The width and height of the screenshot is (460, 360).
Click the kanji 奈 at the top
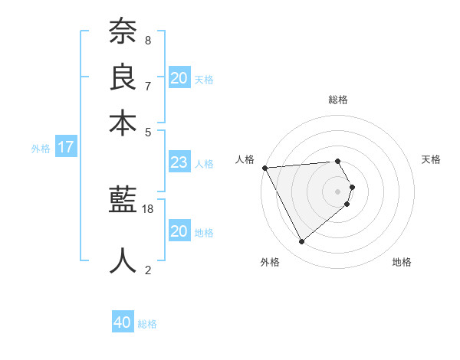click(123, 33)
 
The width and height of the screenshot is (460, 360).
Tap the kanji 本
click(123, 123)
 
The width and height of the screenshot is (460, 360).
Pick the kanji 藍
click(123, 201)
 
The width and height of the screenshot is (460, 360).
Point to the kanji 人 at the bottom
click(123, 260)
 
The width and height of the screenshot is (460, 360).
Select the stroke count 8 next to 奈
click(148, 40)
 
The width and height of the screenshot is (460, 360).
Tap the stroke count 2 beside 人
click(148, 270)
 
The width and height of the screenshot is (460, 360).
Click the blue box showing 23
click(179, 162)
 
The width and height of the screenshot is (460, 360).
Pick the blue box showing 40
click(123, 322)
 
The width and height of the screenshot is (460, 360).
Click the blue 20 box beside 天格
click(179, 78)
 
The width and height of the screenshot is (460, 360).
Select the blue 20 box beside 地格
click(179, 231)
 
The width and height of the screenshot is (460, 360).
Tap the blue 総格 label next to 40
click(147, 324)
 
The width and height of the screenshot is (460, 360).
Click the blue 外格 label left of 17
click(41, 149)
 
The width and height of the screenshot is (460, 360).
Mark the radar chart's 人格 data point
click(264, 168)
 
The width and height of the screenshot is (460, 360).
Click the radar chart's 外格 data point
click(301, 242)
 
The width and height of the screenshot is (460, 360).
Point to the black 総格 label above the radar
click(338, 100)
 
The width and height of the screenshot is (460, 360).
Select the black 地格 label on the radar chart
click(402, 262)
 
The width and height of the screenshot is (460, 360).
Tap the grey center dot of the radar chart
click(338, 191)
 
